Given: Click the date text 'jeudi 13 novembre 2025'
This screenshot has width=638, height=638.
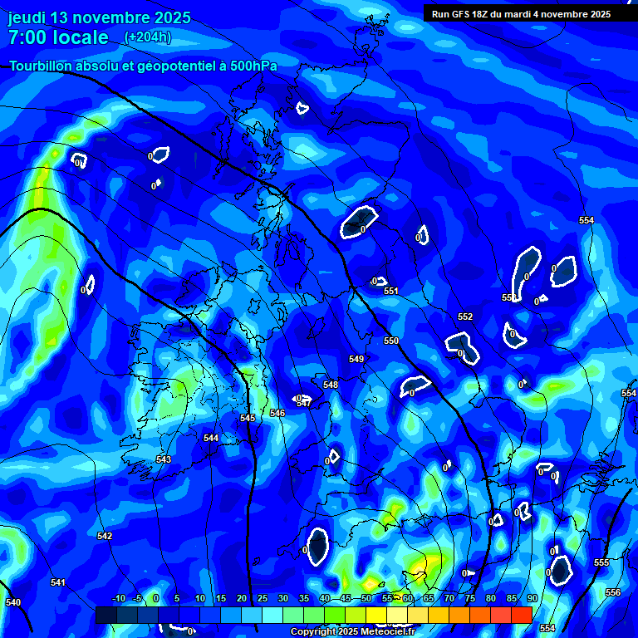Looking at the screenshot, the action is point(100,17).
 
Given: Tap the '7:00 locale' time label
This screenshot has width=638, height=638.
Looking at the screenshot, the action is point(58,37).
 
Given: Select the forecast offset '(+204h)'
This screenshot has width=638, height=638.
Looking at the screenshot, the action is point(147,37).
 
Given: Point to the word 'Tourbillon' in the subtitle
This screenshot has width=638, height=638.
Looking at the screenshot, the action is point(48,66).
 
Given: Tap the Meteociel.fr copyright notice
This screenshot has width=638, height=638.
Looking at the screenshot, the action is point(351,631).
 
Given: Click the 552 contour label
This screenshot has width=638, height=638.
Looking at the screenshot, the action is point(465,317).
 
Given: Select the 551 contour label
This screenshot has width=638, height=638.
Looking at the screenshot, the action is point(391,291).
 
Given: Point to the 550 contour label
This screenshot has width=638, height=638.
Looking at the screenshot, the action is point(391,341).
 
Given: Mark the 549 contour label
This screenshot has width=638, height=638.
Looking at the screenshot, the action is point(356,359).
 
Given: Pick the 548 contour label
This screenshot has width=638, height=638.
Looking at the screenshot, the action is point(331,385).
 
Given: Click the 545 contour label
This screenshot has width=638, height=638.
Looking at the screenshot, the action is point(248,418).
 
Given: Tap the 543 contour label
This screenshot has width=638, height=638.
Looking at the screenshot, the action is point(164,459).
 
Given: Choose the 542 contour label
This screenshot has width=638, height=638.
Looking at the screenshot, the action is point(105,536).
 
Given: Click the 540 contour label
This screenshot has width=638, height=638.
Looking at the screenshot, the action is point(12,602).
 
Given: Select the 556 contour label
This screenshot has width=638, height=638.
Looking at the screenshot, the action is point(613,592).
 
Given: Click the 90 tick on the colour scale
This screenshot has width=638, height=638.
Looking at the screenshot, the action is point(532,598).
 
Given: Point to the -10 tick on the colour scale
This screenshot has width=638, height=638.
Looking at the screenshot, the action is point(117,598).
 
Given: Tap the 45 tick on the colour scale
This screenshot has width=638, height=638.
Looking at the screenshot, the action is point(345,598).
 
